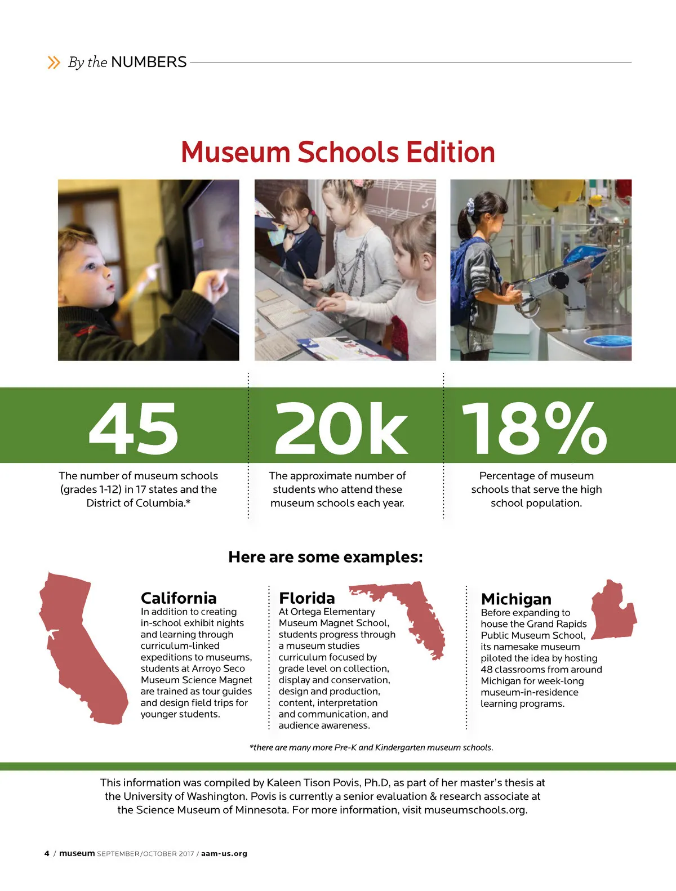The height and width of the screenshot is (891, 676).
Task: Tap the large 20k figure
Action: tap(341, 428)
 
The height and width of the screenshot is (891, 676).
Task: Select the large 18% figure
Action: tap(534, 428)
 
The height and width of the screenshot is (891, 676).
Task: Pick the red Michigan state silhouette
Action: tap(613, 611)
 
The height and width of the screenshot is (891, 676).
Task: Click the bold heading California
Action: tap(179, 598)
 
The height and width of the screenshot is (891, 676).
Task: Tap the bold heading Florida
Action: tap(306, 598)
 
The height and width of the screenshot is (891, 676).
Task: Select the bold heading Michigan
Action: tap(516, 599)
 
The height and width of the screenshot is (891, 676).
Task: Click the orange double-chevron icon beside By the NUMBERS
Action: tap(54, 62)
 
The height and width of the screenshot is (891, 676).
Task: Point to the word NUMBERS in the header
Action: tap(149, 62)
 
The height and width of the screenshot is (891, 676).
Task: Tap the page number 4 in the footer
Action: tap(47, 853)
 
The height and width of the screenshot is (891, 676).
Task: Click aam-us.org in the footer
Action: tap(224, 854)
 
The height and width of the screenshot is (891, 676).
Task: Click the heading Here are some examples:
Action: tap(325, 557)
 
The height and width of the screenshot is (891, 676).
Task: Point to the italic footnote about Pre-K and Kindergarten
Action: tap(371, 747)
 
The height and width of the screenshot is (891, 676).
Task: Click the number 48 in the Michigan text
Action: tap(487, 670)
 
